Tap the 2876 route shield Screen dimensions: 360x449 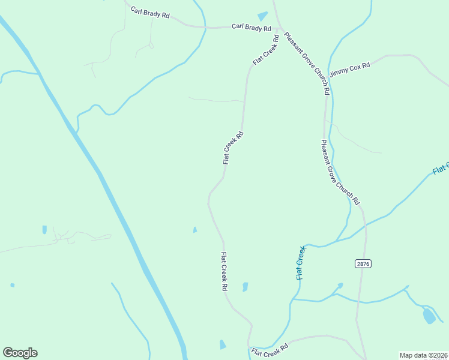coord(363,263)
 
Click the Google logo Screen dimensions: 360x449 coord(20,353)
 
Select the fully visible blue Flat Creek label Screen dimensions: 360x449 coord(301,263)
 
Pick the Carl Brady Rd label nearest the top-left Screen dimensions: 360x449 coord(150,13)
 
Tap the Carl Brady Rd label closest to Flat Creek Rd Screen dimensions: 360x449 coord(252,28)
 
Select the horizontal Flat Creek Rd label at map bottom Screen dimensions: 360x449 coord(270,350)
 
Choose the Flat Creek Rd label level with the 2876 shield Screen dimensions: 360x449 coord(223,272)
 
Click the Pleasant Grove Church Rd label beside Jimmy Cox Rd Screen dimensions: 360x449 coord(307,64)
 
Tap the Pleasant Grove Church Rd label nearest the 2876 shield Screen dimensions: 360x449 coord(340,172)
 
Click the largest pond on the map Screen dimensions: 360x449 coord(429,316)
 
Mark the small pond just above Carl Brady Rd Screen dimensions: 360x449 coord(263,16)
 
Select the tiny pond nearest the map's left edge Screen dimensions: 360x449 coord(12,285)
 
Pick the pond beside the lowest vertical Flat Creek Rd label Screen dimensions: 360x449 coord(245,287)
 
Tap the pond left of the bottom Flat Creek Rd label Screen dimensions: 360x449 coord(223,344)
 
